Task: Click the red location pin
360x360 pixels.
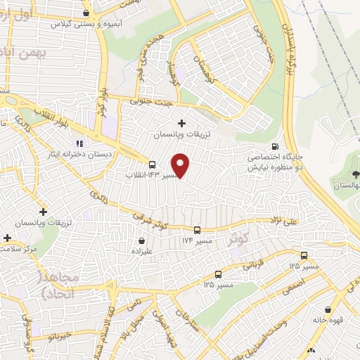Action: [181, 165]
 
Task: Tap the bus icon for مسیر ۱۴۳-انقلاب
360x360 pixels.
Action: [153, 165]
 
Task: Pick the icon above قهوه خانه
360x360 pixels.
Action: [328, 309]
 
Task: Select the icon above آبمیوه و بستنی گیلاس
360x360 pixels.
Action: [86, 13]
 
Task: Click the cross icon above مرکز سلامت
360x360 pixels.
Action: [8, 238]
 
